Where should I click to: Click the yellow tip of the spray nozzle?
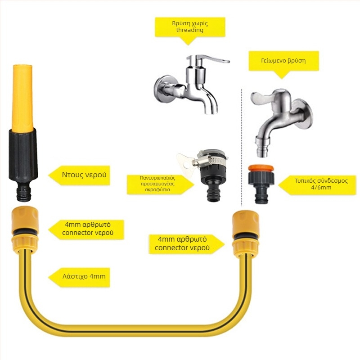(x=22, y=99)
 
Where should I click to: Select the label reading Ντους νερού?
(x=79, y=175)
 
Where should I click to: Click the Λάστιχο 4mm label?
(x=79, y=277)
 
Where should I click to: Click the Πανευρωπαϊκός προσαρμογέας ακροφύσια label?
(x=160, y=184)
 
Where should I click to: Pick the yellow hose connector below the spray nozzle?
(x=25, y=229)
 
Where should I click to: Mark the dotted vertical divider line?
(x=242, y=147)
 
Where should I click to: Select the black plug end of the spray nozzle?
(x=24, y=193)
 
